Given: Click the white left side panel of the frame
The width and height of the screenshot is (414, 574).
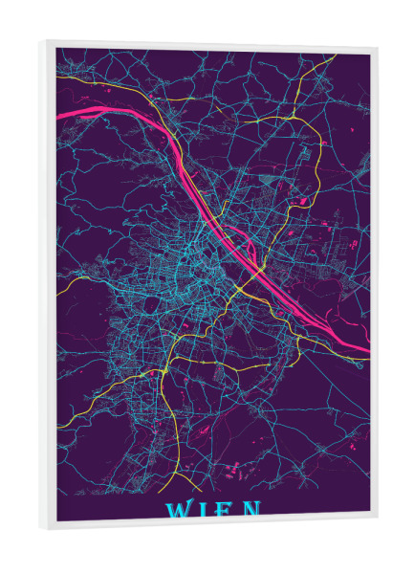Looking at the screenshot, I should (48, 287).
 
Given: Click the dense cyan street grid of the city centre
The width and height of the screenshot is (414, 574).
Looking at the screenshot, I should (206, 258).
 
